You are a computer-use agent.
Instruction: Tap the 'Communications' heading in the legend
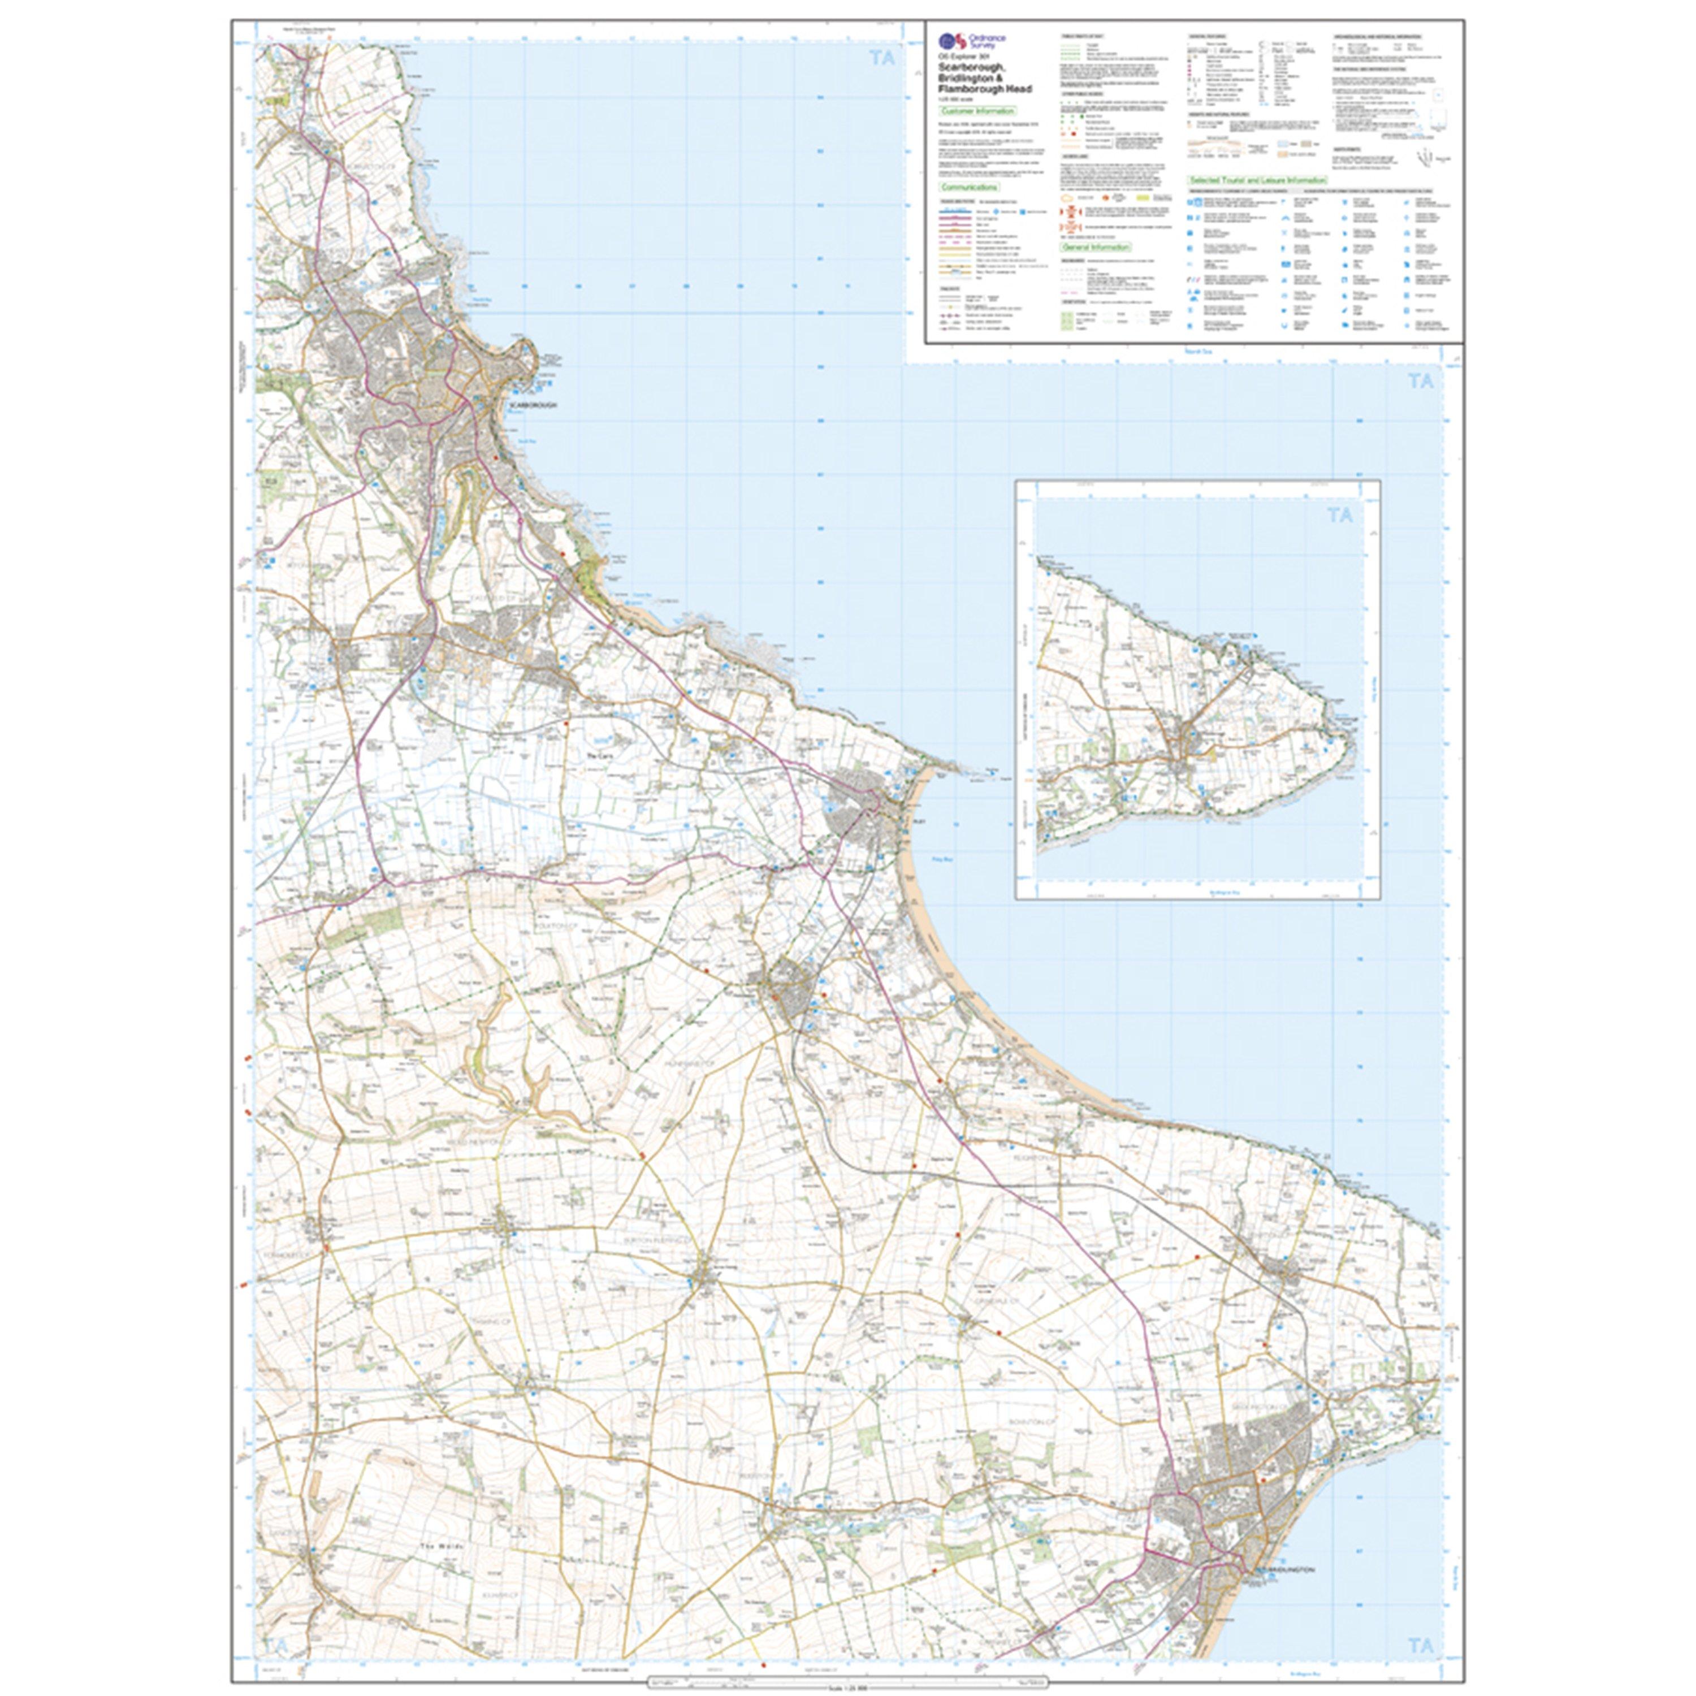(969, 187)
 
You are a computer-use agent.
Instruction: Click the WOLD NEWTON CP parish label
(474, 1142)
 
